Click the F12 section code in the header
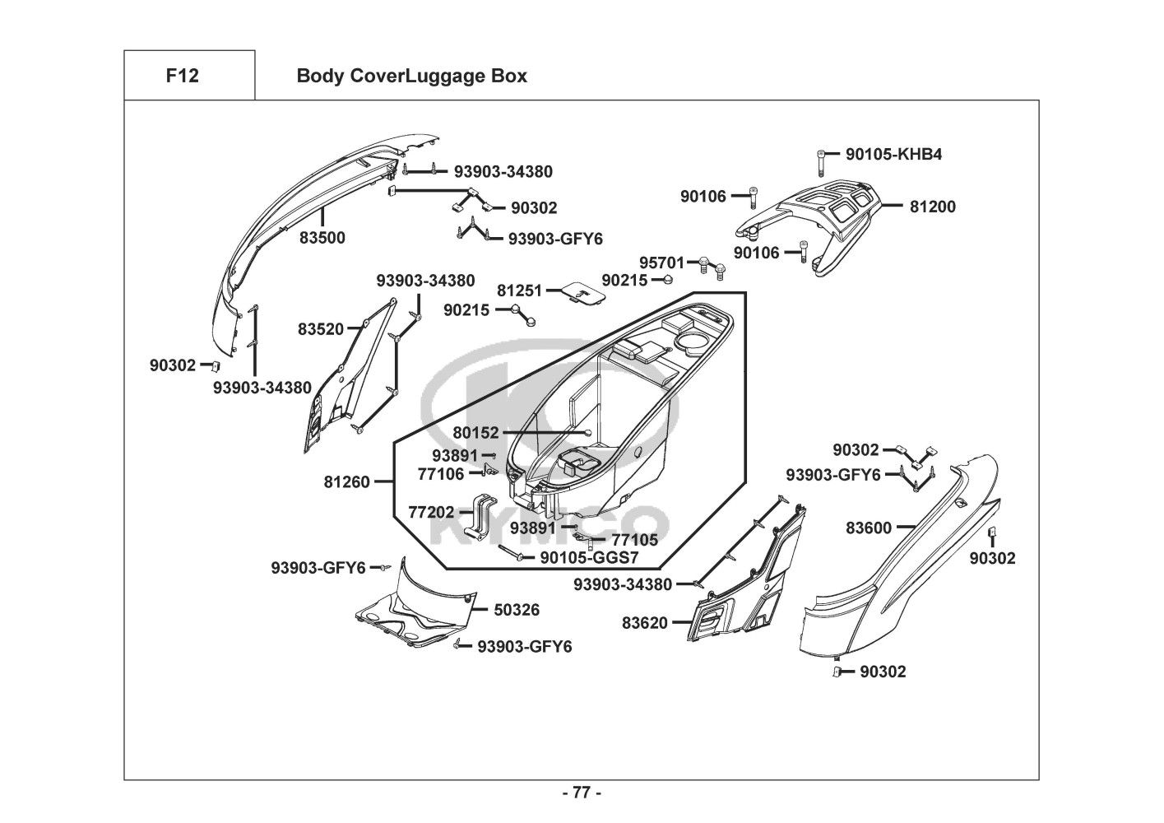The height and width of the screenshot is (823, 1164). point(182,76)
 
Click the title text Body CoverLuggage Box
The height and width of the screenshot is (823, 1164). point(411,76)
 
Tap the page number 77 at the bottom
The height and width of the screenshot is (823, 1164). point(581,793)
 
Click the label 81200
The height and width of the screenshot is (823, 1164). point(932,207)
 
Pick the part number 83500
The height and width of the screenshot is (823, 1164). point(322,238)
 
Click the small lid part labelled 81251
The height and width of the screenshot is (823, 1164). point(582,292)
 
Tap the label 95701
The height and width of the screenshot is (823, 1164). point(661,263)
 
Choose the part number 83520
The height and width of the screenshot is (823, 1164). point(321,329)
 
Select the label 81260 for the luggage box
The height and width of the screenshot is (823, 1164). point(346,482)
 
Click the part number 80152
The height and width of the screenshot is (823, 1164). point(475,433)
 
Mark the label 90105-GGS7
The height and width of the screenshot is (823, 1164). point(589,557)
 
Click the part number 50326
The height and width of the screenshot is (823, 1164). point(517,610)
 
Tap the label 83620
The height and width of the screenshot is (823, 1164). point(645,623)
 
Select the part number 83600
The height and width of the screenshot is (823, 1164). point(869,528)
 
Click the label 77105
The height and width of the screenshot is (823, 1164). point(634,540)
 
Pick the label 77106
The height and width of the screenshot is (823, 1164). point(441,473)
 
